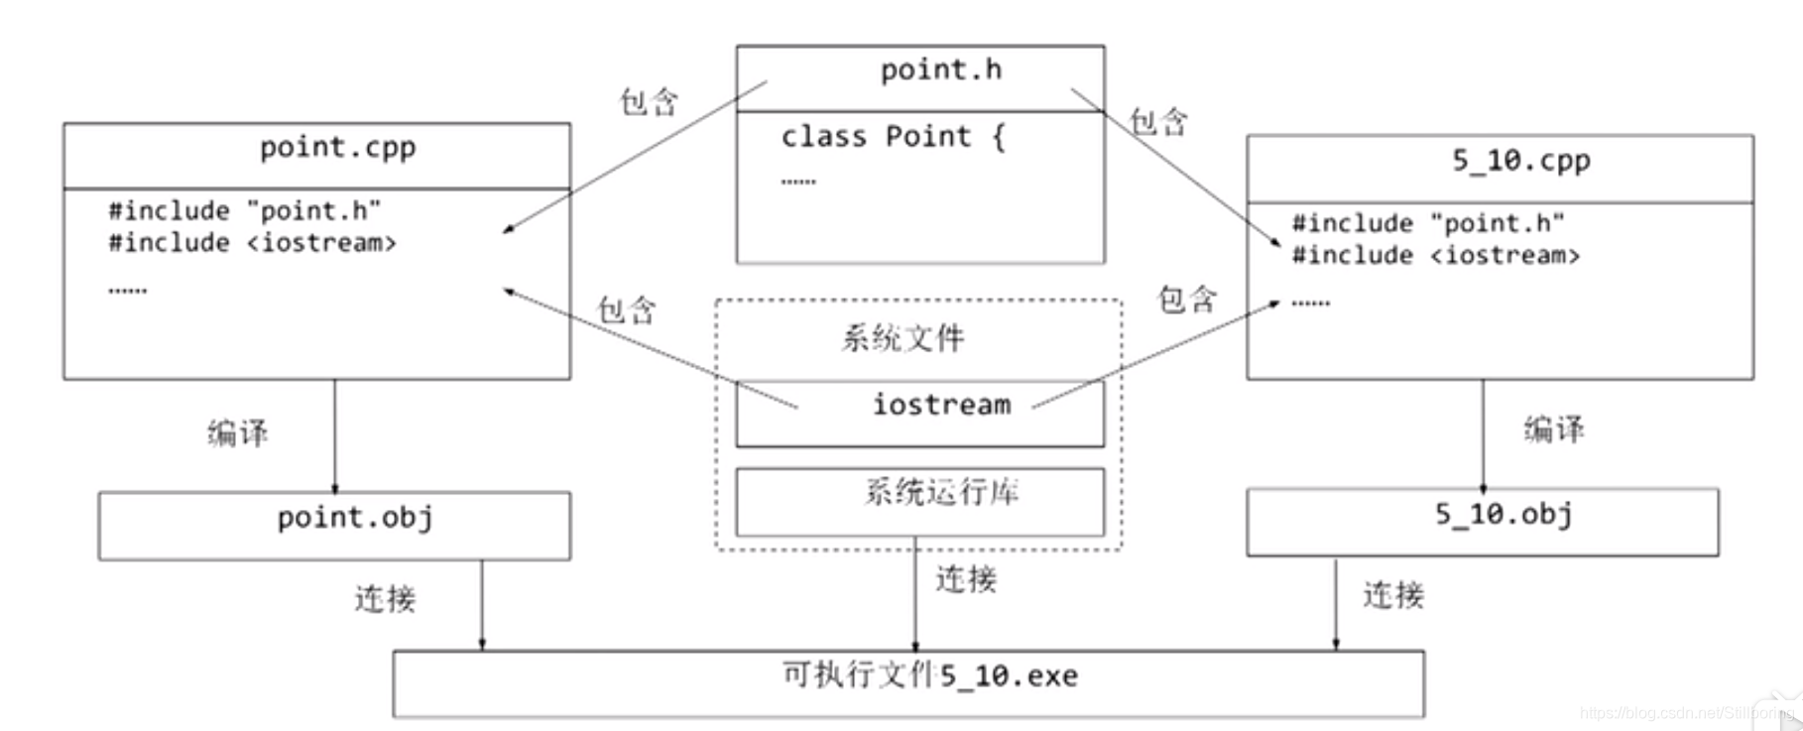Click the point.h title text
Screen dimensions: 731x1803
click(940, 70)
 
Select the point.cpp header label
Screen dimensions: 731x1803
click(337, 149)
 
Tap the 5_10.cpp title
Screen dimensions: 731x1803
click(1520, 161)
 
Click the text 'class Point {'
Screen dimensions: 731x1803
click(893, 137)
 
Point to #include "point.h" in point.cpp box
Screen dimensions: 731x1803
click(244, 210)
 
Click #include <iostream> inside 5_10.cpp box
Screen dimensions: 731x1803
click(1435, 256)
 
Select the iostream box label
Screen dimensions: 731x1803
click(941, 405)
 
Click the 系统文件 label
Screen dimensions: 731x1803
click(902, 338)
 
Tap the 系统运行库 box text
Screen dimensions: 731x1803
click(941, 492)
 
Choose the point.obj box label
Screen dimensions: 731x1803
click(354, 518)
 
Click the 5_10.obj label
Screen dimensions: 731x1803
click(1502, 515)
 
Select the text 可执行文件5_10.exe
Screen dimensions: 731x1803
click(929, 676)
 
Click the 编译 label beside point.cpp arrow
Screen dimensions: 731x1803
click(237, 432)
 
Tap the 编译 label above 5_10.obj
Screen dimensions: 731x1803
click(1553, 429)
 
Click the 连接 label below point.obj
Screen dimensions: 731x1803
click(385, 598)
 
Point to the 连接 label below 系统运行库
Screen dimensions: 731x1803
click(965, 579)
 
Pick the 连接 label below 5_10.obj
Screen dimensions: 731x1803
click(1392, 595)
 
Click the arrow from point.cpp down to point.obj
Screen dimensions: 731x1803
click(334, 436)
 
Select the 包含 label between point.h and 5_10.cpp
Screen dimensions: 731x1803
click(1158, 122)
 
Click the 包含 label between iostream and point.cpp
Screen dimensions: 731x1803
click(626, 309)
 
